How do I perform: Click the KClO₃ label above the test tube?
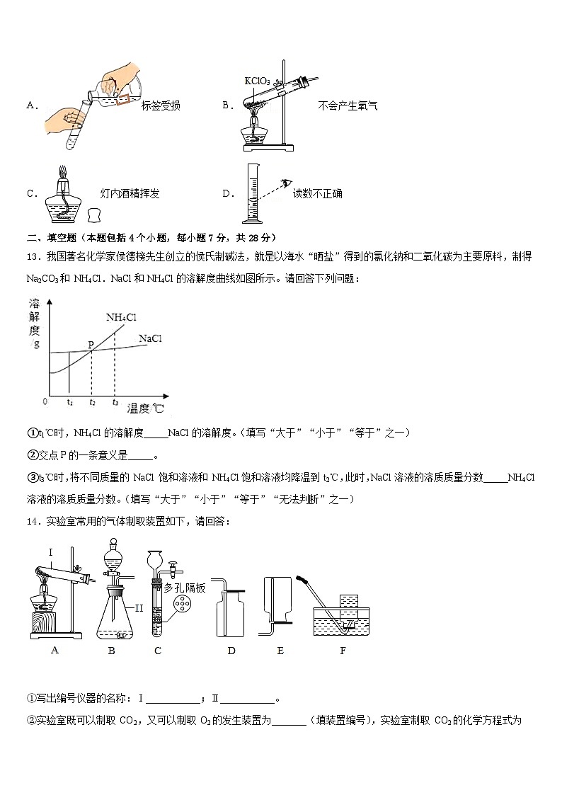(257, 81)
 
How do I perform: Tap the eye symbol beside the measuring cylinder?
(285, 183)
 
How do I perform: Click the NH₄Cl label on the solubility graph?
(121, 317)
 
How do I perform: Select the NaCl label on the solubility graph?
(151, 339)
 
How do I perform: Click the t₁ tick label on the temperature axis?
(69, 401)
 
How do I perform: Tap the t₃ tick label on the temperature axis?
(115, 401)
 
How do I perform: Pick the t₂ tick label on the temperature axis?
(91, 401)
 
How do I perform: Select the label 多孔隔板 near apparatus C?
(185, 587)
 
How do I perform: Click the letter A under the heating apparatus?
(55, 650)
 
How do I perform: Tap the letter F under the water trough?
(343, 650)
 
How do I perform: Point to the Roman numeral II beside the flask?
(139, 607)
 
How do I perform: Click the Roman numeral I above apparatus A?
(51, 551)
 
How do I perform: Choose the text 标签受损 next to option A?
(161, 106)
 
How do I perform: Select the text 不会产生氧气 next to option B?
(348, 106)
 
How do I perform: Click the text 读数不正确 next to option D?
(318, 193)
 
